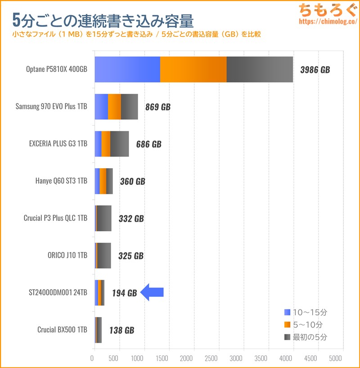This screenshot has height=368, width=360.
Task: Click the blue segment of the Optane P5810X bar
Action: click(127, 70)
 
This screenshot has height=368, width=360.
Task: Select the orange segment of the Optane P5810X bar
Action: click(193, 70)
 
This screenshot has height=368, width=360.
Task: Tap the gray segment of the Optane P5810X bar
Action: click(260, 70)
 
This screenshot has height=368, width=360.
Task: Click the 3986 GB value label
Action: click(315, 70)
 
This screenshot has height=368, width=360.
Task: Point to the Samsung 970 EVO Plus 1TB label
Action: click(51, 107)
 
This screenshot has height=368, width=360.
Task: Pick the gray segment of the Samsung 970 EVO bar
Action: click(129, 107)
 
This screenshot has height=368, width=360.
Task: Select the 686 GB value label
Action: click(148, 144)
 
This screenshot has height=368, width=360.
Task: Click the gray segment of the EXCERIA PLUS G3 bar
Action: click(119, 144)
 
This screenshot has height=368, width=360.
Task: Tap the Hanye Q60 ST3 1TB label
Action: click(61, 181)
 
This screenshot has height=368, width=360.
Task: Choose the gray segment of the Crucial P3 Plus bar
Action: click(104, 218)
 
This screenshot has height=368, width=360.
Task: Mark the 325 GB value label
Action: click(131, 256)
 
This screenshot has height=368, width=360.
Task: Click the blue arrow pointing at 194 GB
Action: click(152, 293)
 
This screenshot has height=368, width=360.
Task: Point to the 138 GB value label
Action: click(121, 330)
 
